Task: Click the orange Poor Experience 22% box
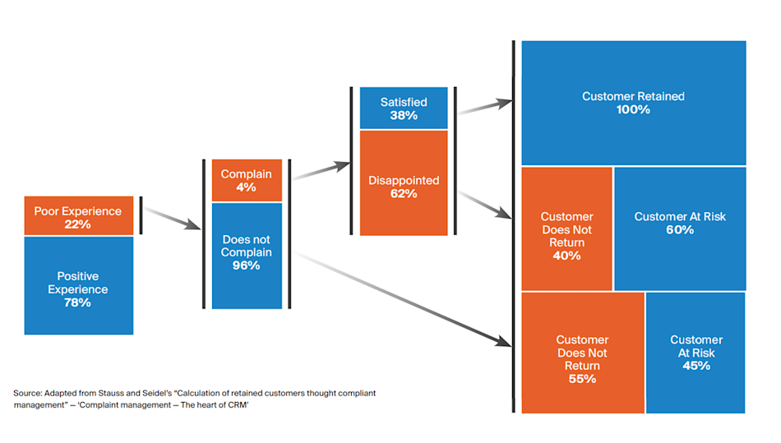tap(78, 217)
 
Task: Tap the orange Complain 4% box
tap(246, 181)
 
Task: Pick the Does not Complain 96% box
tap(246, 255)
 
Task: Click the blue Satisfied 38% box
tap(404, 108)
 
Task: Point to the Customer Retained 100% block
tap(633, 103)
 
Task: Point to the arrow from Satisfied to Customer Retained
tap(485, 108)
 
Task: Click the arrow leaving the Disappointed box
tap(486, 205)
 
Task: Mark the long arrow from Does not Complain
tap(403, 298)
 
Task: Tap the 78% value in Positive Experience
tap(79, 302)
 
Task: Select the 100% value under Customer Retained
tap(633, 109)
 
